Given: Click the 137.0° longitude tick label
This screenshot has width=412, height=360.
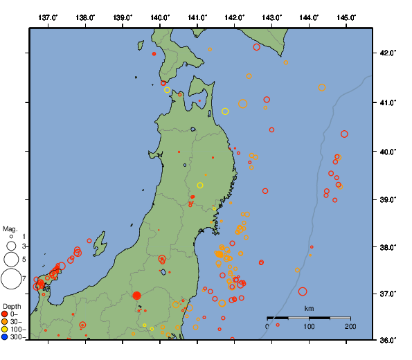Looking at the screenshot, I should [x=48, y=17].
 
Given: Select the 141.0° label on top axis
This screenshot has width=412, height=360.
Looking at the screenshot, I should [x=197, y=17].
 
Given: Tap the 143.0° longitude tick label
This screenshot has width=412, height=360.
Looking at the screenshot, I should [x=271, y=17].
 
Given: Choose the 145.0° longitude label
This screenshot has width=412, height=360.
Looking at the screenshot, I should [x=346, y=17].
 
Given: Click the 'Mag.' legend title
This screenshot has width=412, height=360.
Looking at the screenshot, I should [x=10, y=228].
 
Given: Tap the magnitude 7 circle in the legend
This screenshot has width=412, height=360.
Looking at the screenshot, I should [x=11, y=279].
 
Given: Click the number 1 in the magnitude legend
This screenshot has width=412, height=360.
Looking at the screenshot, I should [x=24, y=237].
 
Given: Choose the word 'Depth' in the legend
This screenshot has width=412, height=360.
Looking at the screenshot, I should [x=12, y=306].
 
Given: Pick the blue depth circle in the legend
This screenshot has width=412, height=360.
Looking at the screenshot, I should [x=5, y=337].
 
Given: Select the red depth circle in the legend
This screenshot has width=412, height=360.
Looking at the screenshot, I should [x=5, y=314].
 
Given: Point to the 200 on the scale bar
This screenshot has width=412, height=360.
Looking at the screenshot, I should [x=350, y=326].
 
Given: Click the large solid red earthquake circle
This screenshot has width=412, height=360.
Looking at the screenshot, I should [x=136, y=296].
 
